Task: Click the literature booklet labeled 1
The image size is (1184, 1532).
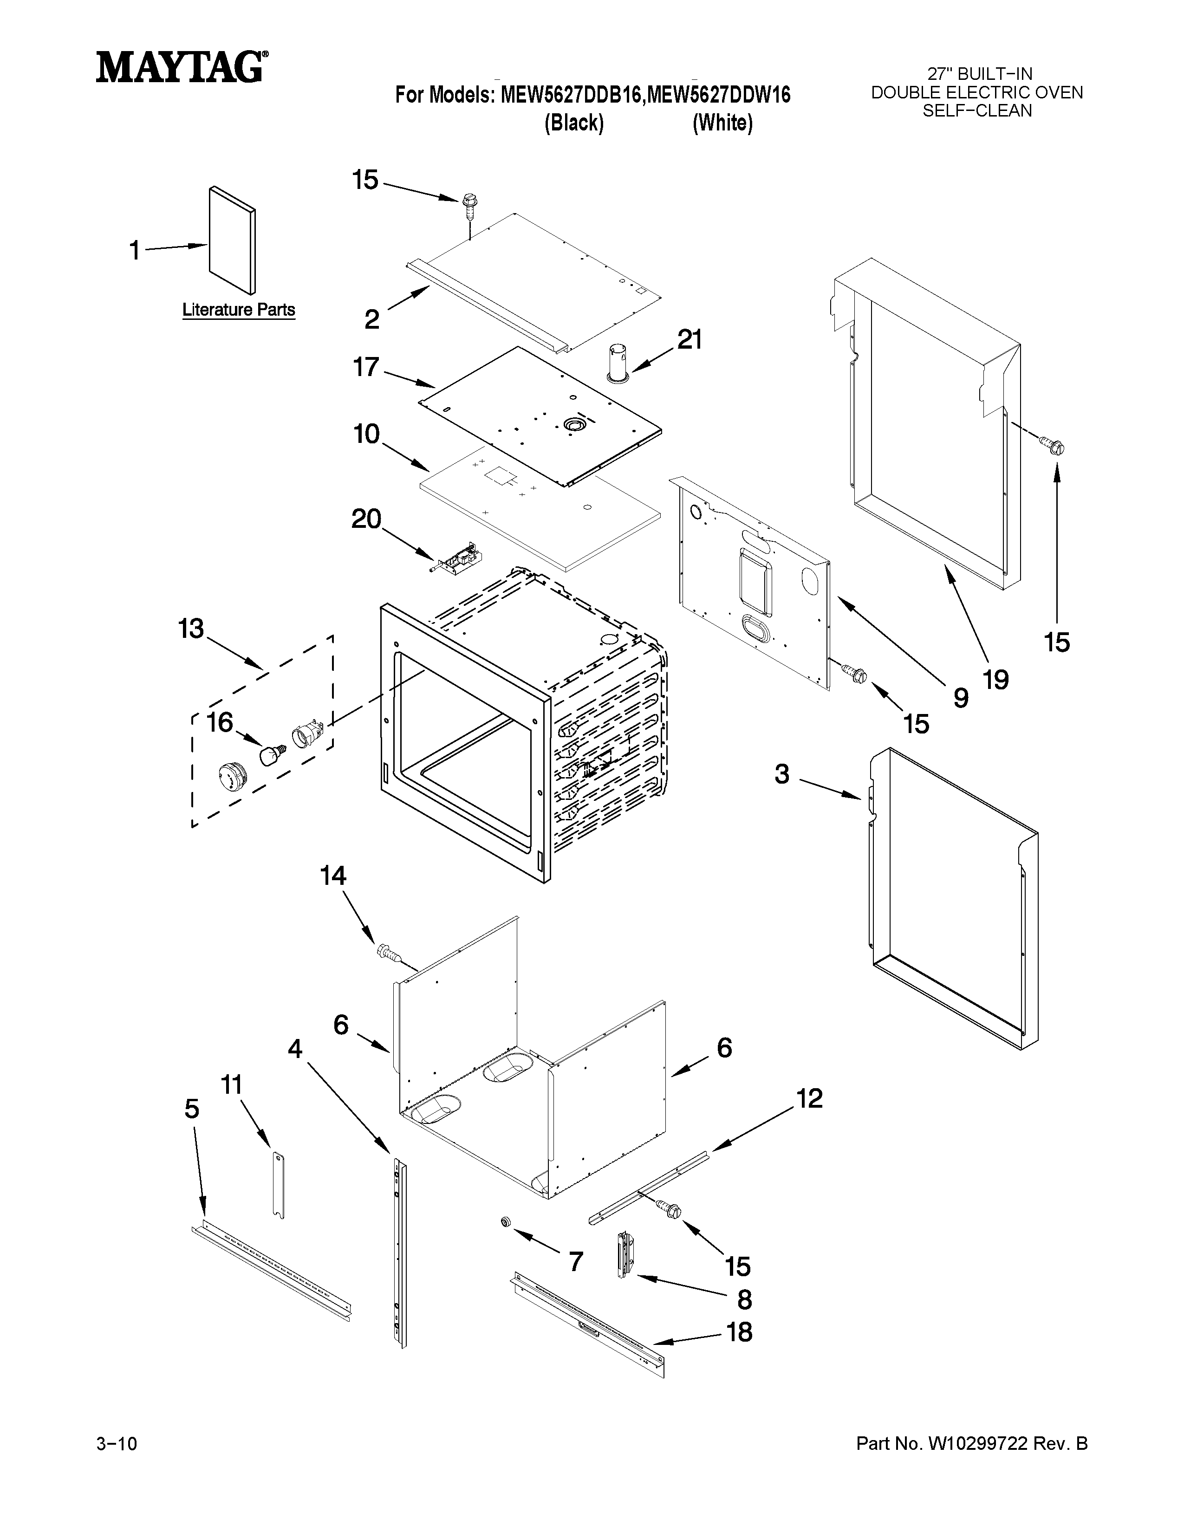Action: coord(232,240)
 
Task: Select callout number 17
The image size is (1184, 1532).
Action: coord(365,367)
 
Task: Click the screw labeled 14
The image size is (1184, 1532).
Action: coord(388,952)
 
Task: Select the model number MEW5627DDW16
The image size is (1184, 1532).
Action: coord(718,95)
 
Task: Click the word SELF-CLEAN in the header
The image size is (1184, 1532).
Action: coord(976,110)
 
